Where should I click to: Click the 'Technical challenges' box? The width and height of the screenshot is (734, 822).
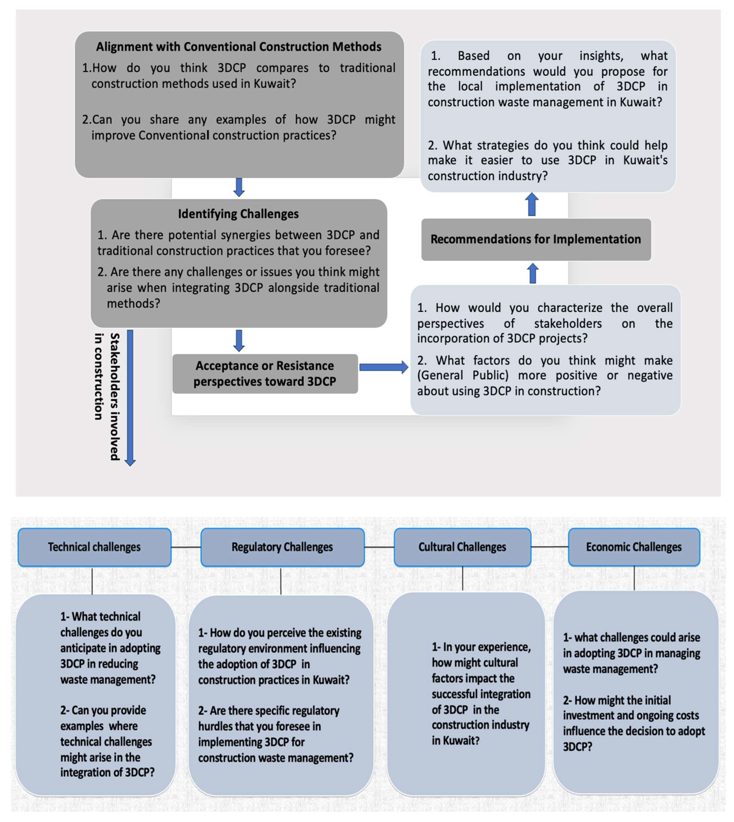[x=94, y=547]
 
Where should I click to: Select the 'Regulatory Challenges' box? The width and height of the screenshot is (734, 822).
[x=282, y=547]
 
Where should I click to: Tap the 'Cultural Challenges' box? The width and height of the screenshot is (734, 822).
[x=462, y=547]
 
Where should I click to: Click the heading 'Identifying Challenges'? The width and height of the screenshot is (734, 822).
[x=238, y=214]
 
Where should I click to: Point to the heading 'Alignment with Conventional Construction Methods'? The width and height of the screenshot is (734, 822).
[x=239, y=47]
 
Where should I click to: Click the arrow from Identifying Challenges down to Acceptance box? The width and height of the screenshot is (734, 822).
[x=239, y=340]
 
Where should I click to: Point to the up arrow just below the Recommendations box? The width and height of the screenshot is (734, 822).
[x=533, y=273]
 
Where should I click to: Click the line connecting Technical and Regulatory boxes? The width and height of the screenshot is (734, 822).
[x=186, y=547]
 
